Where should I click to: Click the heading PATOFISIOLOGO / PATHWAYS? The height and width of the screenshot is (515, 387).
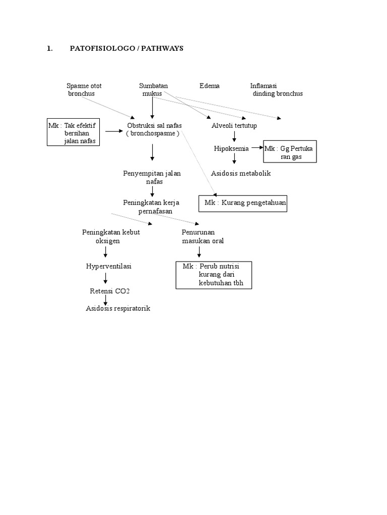click(126, 49)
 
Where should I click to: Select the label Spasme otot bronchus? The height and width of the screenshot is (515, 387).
click(84, 90)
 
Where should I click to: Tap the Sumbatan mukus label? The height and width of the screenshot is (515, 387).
click(153, 90)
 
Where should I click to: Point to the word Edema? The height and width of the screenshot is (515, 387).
click(209, 86)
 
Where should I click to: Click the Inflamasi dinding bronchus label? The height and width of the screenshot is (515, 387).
click(276, 90)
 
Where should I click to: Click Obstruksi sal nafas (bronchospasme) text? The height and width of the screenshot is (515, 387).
click(154, 129)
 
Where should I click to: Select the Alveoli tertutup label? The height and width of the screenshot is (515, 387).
click(234, 125)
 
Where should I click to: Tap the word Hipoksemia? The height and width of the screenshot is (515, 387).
click(231, 148)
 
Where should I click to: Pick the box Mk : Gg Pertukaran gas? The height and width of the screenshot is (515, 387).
click(290, 151)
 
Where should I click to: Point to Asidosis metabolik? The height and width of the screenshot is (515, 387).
click(241, 174)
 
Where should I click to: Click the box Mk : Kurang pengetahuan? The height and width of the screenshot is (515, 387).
click(243, 203)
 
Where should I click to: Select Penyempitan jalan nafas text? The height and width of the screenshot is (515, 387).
click(152, 178)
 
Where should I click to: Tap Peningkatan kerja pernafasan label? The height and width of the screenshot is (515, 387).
click(152, 207)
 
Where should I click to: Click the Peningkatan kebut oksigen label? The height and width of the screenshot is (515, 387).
click(110, 236)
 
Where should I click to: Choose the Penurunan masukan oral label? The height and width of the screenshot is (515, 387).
click(203, 236)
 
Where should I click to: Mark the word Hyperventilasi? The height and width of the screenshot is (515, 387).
click(108, 266)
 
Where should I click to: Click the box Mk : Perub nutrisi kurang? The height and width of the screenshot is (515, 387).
click(214, 275)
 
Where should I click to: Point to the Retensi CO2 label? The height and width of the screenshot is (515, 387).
click(106, 291)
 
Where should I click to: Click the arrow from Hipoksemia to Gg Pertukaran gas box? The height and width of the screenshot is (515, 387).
click(257, 148)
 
